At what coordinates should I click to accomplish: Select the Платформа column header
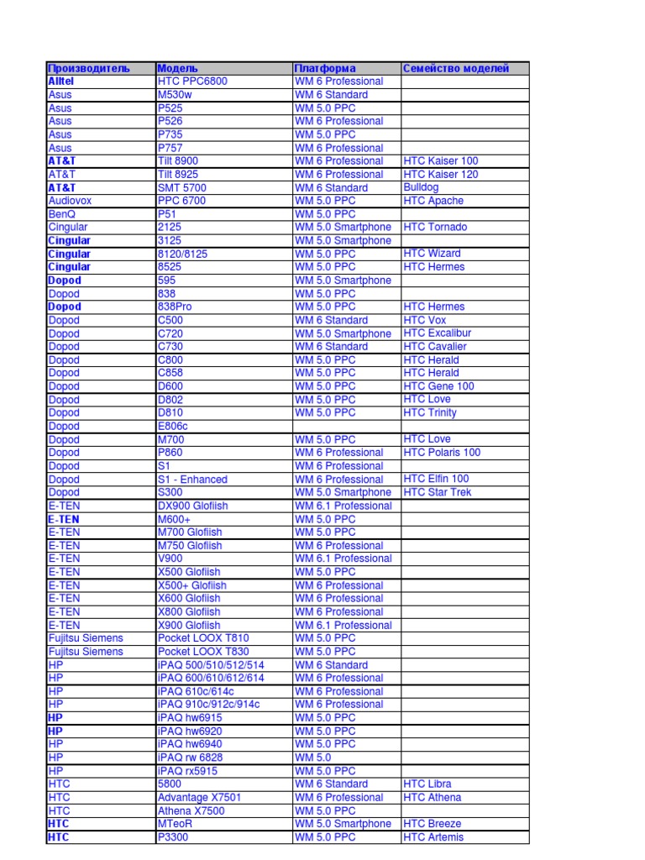pos(325,68)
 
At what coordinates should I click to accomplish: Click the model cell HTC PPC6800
pos(192,81)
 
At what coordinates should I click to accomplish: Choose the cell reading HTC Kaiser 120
pos(441,174)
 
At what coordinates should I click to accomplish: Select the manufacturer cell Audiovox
pos(68,201)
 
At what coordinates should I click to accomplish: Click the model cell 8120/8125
pos(182,254)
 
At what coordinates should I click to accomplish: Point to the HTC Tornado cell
pos(435,227)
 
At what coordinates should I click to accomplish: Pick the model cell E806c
pos(173,426)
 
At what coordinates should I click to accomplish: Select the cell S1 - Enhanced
pos(192,479)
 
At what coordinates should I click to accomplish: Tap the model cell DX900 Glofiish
pos(192,506)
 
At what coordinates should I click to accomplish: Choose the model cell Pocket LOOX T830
pos(203,651)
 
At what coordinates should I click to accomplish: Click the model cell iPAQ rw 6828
pos(190,758)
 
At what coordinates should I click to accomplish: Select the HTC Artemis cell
pos(433,837)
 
